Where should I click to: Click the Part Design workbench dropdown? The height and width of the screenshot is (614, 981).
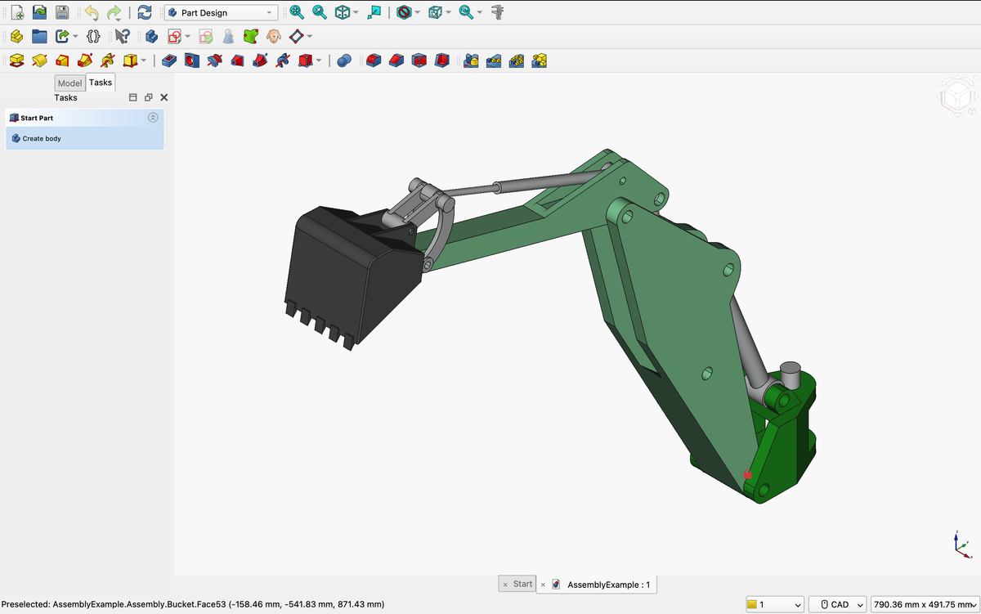pos(221,13)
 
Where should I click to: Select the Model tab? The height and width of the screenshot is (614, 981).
pos(69,83)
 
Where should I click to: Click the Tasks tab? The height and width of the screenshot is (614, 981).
pos(101,83)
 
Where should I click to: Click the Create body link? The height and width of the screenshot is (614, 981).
pos(42,139)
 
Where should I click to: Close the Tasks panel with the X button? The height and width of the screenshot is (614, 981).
pos(164,97)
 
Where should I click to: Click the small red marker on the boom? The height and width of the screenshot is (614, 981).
pos(747,474)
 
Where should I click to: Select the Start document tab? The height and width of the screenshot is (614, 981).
pos(522,584)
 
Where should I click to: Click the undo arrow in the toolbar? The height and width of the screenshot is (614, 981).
pos(91,13)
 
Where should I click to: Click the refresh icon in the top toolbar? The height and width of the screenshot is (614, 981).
pos(145,13)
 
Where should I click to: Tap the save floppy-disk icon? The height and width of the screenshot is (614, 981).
pos(61,13)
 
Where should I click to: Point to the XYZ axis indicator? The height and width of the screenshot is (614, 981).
pos(961,545)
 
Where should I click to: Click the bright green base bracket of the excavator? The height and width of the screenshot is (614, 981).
pos(785,450)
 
